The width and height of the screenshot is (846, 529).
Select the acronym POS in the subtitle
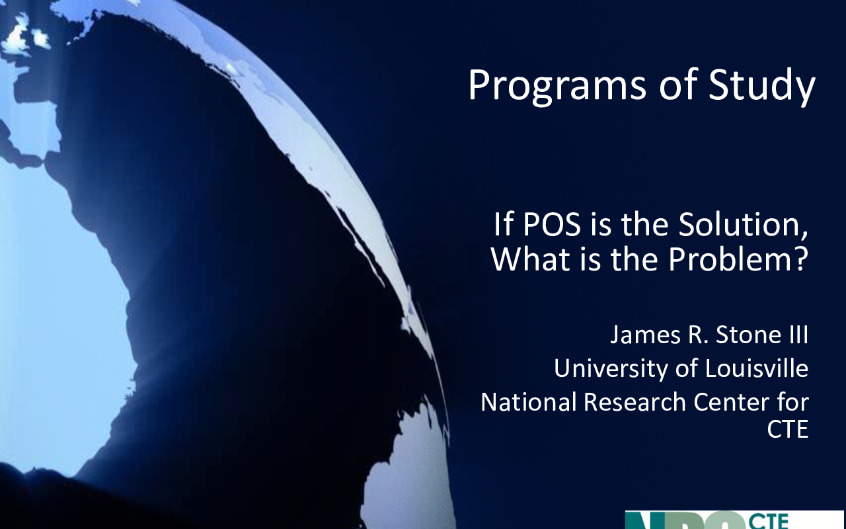551,224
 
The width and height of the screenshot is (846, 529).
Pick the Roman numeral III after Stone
798,335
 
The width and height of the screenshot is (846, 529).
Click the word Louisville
757,368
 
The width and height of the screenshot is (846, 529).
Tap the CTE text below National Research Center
788,429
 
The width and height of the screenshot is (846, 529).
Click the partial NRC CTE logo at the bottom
734,520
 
